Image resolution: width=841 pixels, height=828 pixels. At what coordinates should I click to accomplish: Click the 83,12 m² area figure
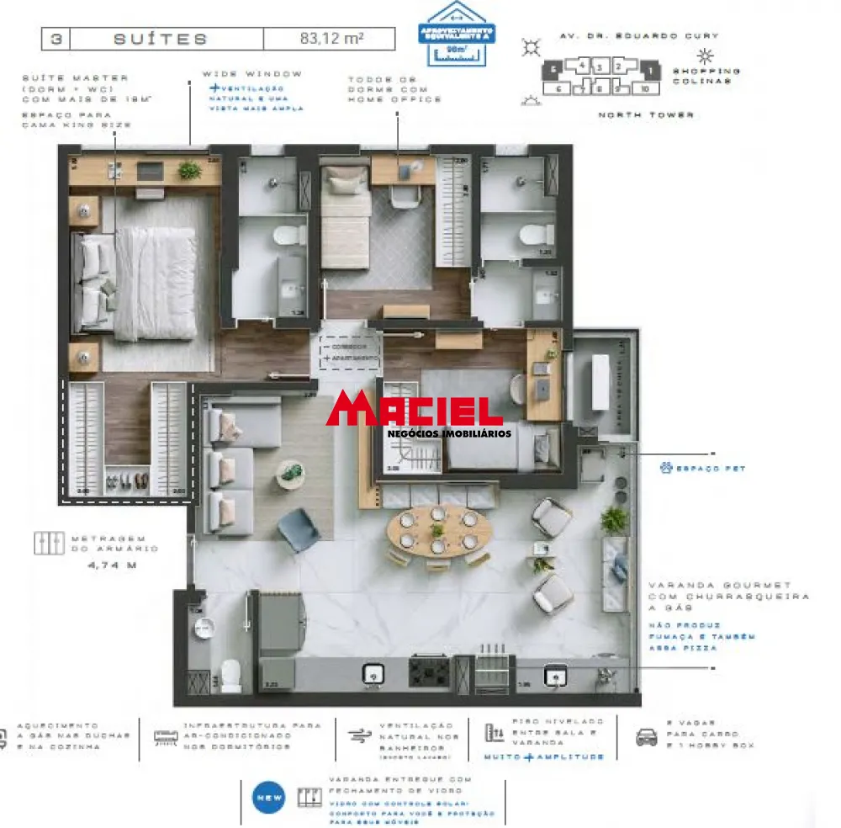click(x=331, y=39)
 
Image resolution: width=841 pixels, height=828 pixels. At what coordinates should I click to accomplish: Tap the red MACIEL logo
click(x=414, y=410)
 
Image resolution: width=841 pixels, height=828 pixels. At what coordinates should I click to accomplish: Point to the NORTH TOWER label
click(x=646, y=114)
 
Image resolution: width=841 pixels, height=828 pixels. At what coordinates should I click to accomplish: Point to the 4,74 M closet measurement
click(x=111, y=565)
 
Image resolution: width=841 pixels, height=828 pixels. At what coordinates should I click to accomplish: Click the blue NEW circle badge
click(x=269, y=797)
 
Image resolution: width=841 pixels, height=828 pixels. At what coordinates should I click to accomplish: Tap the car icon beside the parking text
click(x=647, y=737)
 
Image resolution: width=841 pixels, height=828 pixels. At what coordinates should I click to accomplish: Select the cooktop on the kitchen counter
click(x=429, y=671)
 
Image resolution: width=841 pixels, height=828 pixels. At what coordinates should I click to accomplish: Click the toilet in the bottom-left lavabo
click(x=229, y=672)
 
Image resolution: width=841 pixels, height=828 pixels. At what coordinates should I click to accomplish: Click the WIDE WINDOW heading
click(x=251, y=74)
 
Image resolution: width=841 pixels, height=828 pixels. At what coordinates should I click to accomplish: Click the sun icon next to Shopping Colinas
click(x=705, y=56)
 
